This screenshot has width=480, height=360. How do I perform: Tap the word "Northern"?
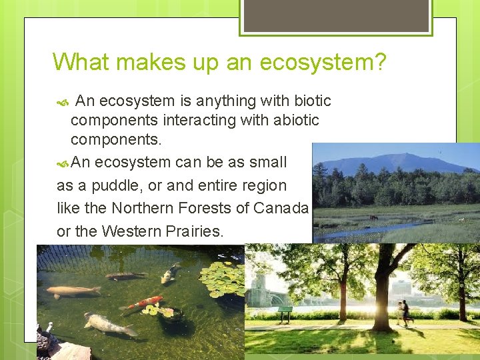pyautogui.click(x=143, y=207)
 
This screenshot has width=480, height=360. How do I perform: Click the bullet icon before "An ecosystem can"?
pyautogui.click(x=63, y=163)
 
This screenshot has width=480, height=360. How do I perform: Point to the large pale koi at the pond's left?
pyautogui.click(x=73, y=291)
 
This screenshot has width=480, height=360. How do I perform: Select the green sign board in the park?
pyautogui.click(x=285, y=310)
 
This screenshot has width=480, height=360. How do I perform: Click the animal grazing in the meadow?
pyautogui.click(x=373, y=217)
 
